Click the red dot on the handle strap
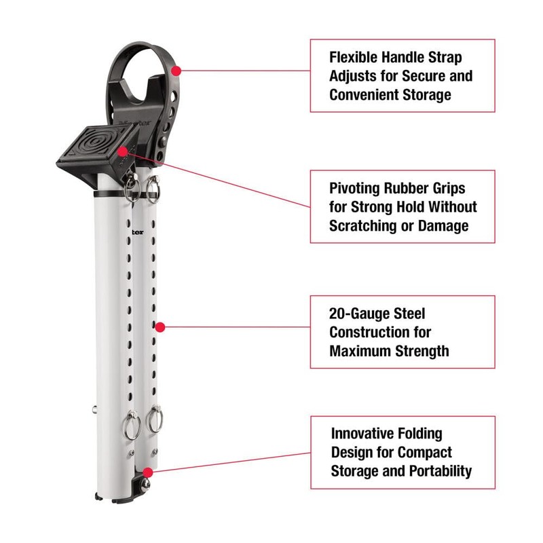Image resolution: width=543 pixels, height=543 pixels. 176,70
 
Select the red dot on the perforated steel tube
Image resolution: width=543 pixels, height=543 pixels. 160,326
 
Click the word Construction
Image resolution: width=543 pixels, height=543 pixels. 371,332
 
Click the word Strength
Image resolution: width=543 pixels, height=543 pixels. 424,351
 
